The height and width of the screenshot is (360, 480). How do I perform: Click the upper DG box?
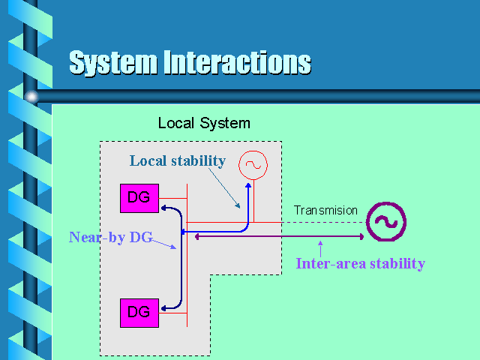(x=139, y=198)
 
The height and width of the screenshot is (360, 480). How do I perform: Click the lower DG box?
(x=139, y=311)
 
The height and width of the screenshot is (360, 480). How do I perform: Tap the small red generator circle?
(x=253, y=164)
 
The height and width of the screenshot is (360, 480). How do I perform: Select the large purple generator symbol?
(x=385, y=221)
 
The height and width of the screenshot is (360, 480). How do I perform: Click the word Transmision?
(x=325, y=211)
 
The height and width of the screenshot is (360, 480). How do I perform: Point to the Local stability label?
(x=177, y=160)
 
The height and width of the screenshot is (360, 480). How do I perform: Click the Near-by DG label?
(x=110, y=238)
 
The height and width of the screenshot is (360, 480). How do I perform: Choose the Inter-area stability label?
(x=360, y=263)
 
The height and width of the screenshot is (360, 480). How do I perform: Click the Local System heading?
(x=204, y=123)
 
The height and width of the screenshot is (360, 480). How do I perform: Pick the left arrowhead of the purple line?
(x=197, y=237)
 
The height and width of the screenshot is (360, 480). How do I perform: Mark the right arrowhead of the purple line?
(x=361, y=237)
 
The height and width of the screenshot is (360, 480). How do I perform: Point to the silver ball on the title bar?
(x=31, y=95)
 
